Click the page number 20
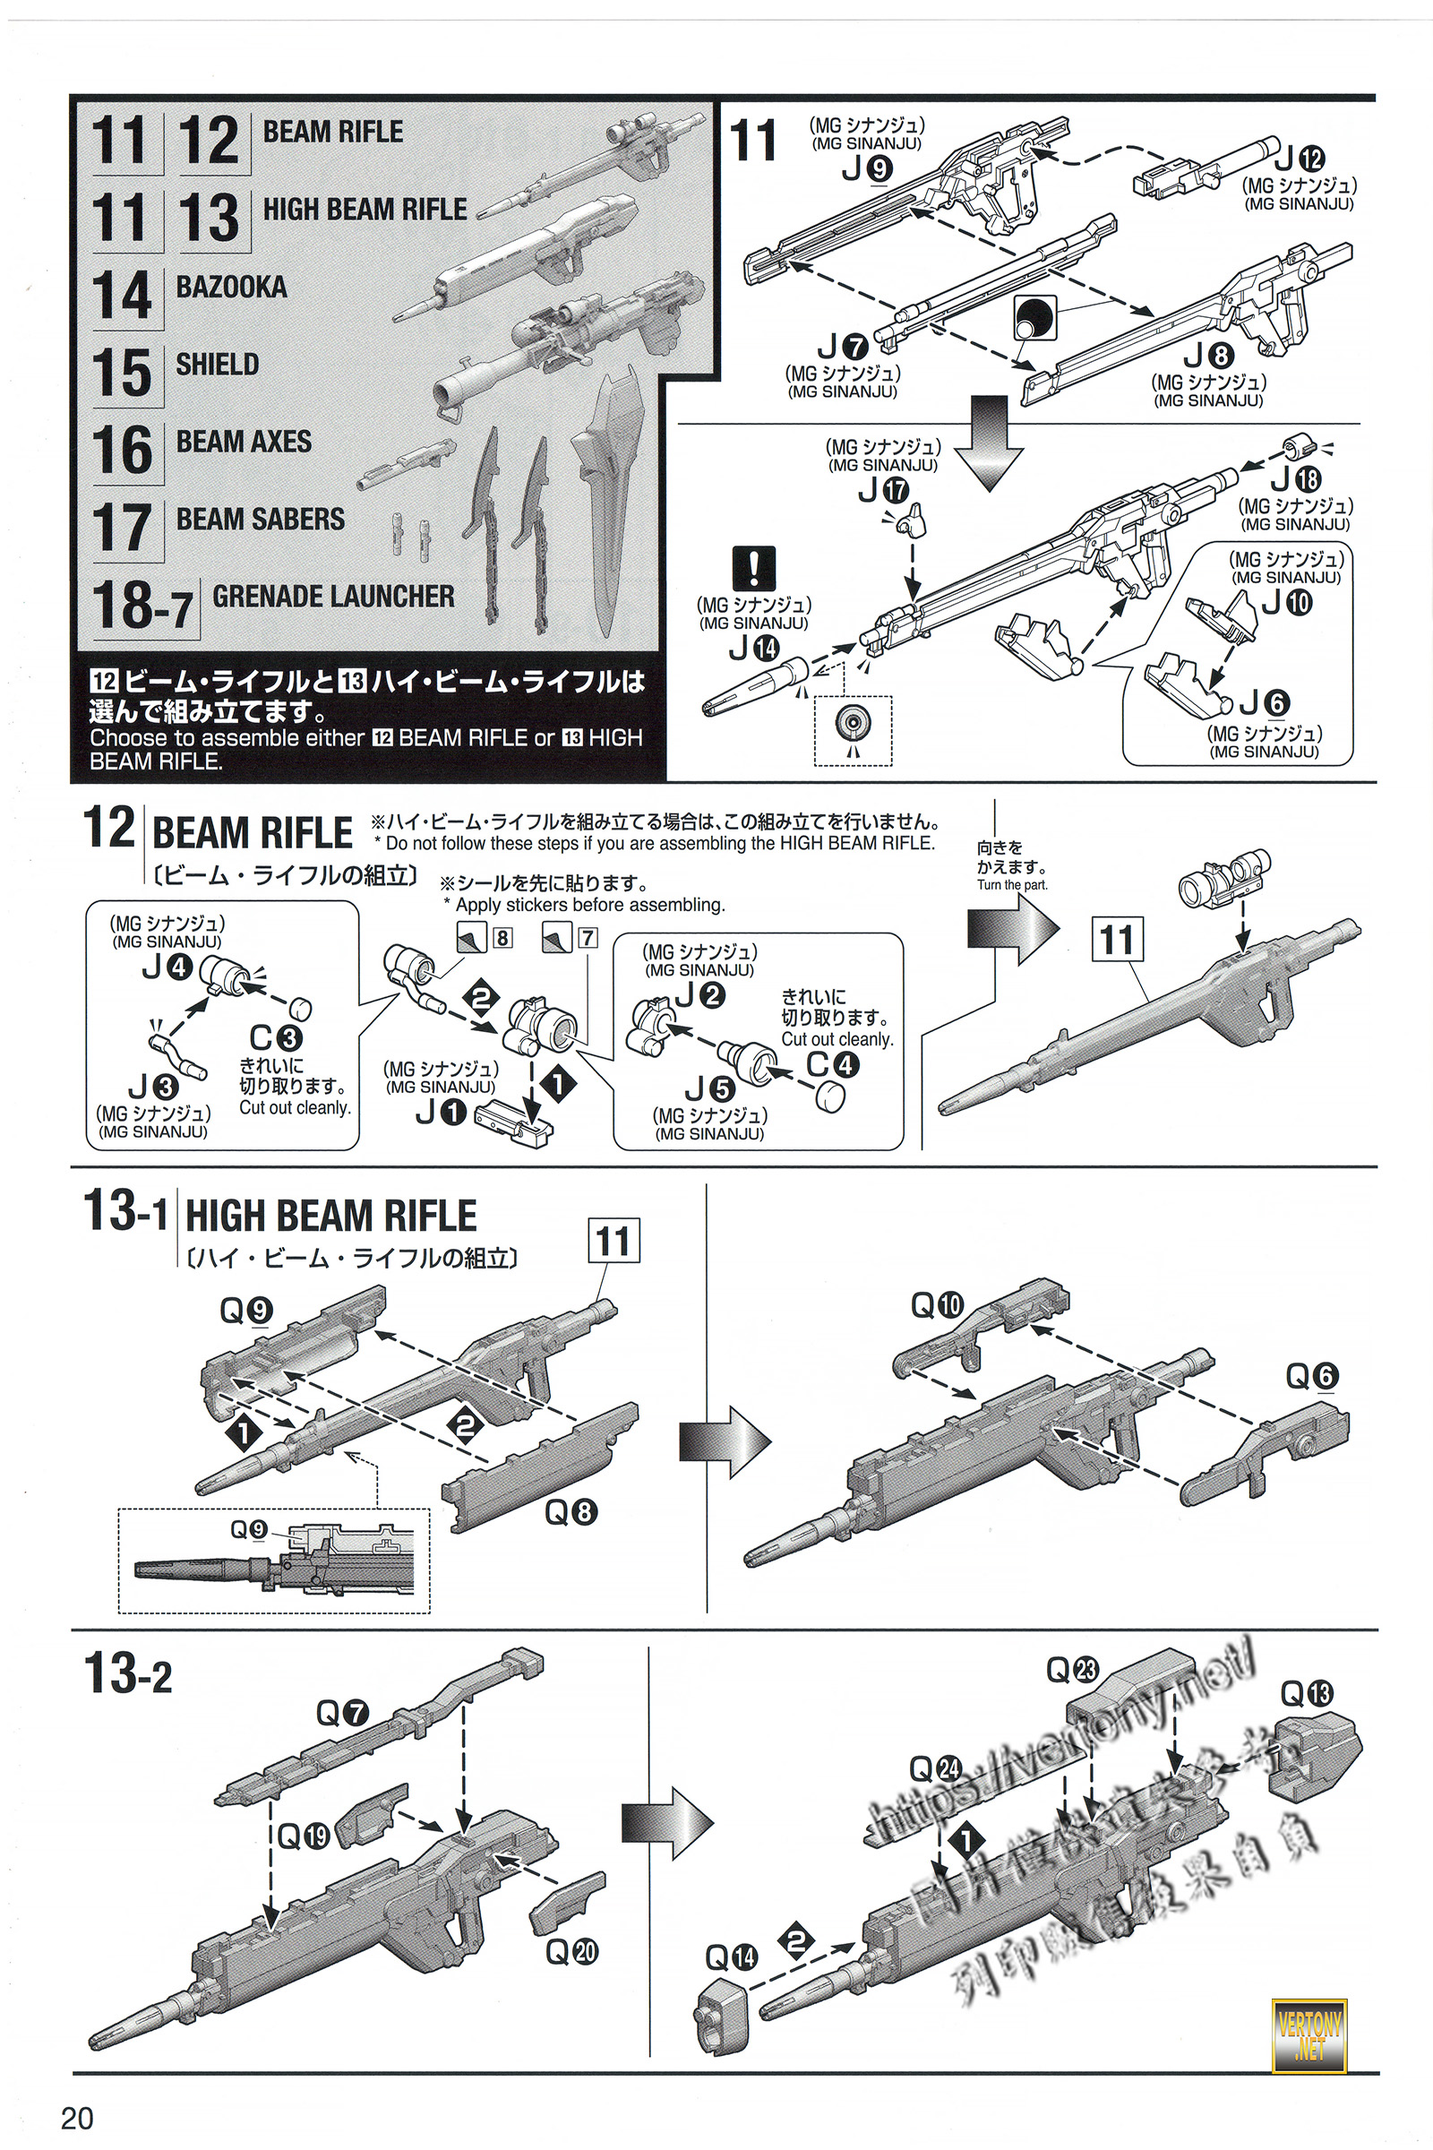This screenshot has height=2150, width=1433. coord(77,2118)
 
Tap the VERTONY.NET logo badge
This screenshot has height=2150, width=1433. coord(1309,2035)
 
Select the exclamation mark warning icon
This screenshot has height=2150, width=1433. coord(753,568)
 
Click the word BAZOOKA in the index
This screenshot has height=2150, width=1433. coord(231,287)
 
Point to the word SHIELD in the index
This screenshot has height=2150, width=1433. coord(218,365)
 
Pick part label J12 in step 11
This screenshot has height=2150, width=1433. coord(1300,159)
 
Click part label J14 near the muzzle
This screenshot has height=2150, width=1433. coord(754,648)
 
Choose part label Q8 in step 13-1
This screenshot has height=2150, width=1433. coord(571,1513)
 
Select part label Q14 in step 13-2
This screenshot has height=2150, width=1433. coord(731,1957)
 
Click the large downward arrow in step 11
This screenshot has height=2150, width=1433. coord(989,443)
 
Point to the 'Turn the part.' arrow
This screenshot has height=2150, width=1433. coord(1013,929)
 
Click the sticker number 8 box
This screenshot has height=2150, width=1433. coord(502,938)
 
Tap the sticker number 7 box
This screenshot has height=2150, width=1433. coord(587,938)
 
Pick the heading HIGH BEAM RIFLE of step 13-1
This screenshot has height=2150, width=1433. coord(330,1217)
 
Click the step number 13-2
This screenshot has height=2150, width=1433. coord(127,1673)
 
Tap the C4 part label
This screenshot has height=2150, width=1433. coord(833,1065)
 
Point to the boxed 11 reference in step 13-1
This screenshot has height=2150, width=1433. coord(614,1242)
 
